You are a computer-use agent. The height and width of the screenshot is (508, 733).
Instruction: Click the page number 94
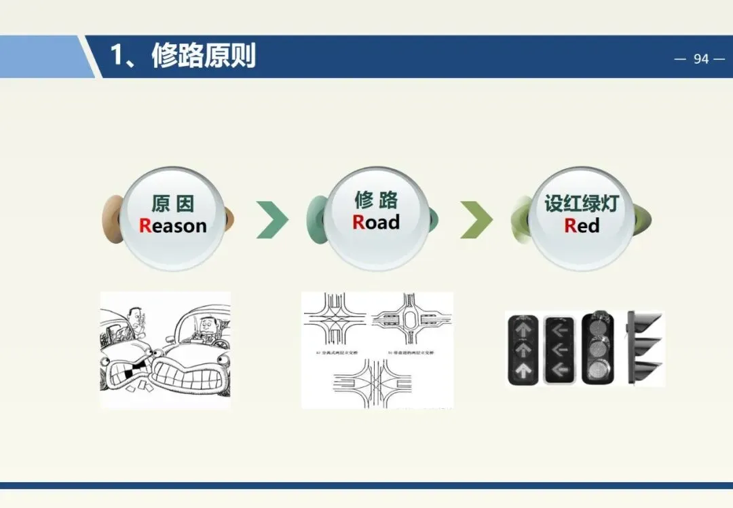pos(700,59)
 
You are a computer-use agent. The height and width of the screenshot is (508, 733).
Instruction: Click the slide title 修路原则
pos(203,55)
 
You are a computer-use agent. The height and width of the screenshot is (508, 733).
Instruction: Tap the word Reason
pos(172,225)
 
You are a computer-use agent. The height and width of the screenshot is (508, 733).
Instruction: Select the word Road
pos(376,222)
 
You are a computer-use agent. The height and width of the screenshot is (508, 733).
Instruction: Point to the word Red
pos(582,225)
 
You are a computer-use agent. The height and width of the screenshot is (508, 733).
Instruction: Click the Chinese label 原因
pos(172,202)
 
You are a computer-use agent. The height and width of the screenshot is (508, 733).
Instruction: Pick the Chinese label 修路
pos(376,200)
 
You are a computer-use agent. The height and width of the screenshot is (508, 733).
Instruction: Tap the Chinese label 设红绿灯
pos(581,202)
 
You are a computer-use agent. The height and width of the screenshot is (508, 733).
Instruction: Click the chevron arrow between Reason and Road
pos(272,219)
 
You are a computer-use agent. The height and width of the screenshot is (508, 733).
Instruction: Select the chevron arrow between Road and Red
pos(476,219)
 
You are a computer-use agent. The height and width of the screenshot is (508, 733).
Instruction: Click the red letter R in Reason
pos(145,225)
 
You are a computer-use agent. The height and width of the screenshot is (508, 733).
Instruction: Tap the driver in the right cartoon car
pos(205,329)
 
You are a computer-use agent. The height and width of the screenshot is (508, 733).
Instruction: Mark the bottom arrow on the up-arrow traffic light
pos(523,371)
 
